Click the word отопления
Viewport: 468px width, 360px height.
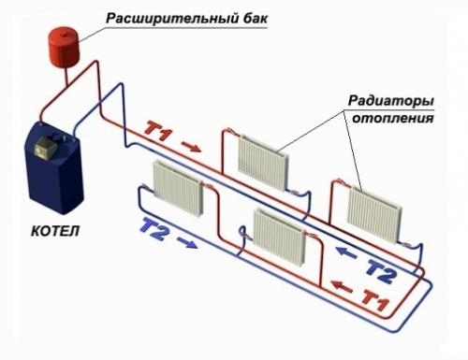[x=391, y=120]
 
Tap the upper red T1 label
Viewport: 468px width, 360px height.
[x=159, y=134]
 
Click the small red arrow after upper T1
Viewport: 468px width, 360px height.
[x=190, y=146]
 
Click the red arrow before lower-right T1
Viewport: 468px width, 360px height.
[x=344, y=287]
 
